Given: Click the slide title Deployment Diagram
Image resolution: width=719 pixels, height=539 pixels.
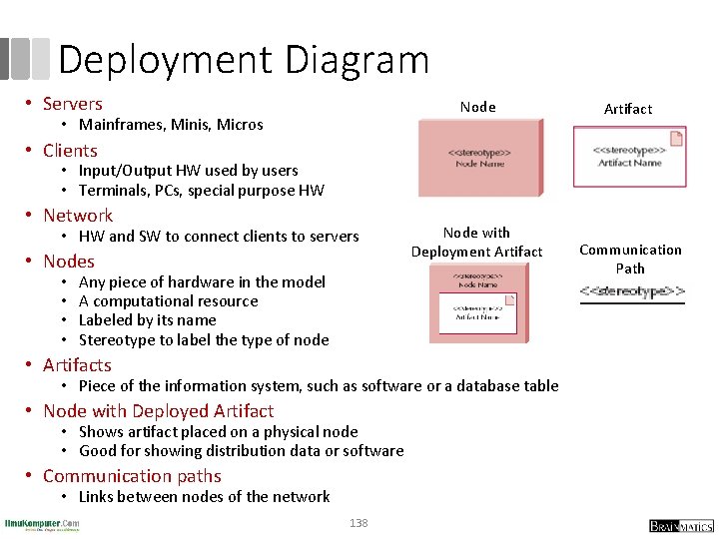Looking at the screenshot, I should [x=244, y=60].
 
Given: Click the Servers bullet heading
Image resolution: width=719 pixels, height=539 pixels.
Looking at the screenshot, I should [x=73, y=104].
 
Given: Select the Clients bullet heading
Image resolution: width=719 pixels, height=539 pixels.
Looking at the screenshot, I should [x=70, y=151].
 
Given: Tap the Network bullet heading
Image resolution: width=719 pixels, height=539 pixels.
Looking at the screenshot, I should [x=78, y=216].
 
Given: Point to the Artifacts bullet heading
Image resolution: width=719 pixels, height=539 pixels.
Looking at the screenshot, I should [x=77, y=365].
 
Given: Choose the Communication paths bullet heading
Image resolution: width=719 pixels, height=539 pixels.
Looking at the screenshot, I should [x=132, y=476].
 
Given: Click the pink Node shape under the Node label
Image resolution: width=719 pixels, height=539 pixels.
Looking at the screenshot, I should [x=480, y=157].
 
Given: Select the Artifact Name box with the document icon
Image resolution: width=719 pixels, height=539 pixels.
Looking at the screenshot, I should [x=629, y=158].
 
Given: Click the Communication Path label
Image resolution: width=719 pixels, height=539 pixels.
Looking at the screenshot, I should [x=630, y=259].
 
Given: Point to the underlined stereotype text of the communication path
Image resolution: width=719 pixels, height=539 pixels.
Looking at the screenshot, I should [x=632, y=292].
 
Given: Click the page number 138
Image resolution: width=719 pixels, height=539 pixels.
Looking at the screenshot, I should [x=359, y=523].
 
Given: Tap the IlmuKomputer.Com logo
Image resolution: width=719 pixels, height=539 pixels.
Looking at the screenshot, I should [x=42, y=524].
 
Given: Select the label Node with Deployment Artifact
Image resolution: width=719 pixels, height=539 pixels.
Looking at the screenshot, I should [x=476, y=242].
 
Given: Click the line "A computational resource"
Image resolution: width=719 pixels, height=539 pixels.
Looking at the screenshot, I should [x=168, y=301].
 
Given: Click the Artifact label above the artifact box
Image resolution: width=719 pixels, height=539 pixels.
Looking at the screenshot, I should [x=628, y=109].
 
